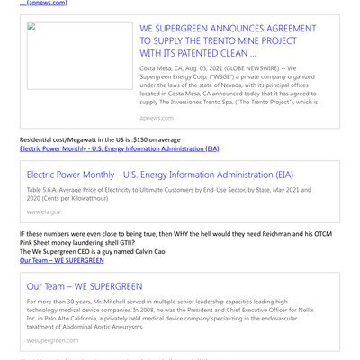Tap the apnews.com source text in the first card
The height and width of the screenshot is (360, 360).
157,117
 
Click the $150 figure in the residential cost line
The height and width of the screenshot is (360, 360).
139,139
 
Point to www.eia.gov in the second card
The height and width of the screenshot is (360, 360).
44,211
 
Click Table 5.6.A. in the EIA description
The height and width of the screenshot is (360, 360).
45,190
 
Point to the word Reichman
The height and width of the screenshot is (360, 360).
290,233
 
